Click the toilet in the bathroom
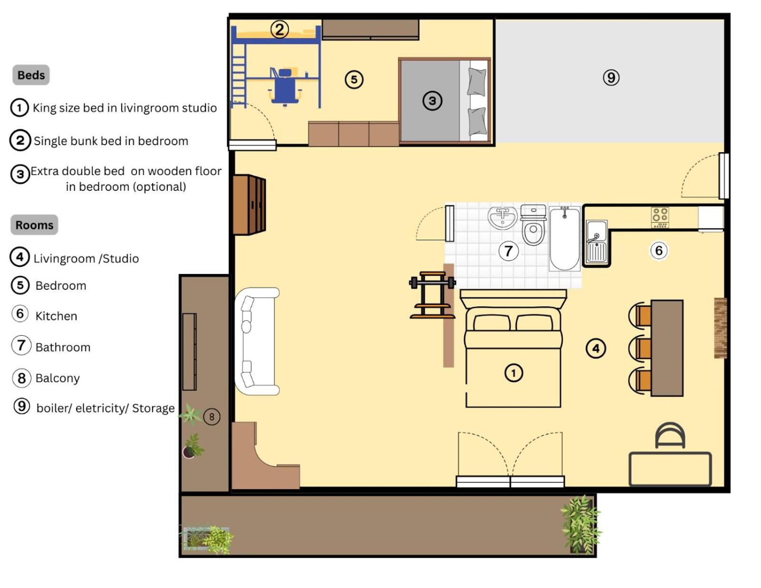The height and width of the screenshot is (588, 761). pos(533,225)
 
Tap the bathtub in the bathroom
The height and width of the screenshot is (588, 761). pos(564,238)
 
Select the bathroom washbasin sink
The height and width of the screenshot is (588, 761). pos(503,217)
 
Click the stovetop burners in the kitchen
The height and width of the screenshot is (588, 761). pos(660,217)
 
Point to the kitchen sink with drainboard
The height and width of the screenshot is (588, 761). pos(597,242)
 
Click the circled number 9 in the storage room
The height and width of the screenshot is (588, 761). pos(611,78)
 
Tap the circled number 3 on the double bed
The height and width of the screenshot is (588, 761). pos(432,101)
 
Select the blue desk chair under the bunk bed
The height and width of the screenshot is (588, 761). pos(285,88)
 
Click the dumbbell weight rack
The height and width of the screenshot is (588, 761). pos(432,295)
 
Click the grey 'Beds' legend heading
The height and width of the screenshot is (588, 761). pos(31,75)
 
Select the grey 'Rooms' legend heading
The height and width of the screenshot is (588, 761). pos(34,225)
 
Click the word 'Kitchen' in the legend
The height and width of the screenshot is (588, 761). pos(56,316)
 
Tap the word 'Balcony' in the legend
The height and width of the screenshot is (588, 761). pos(58,378)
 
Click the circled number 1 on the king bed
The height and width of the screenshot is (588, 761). pos(513,373)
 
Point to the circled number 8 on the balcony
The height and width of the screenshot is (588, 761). pos(212,417)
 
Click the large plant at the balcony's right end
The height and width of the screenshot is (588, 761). pos(581,525)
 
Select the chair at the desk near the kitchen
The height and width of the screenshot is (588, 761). pos(670,435)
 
